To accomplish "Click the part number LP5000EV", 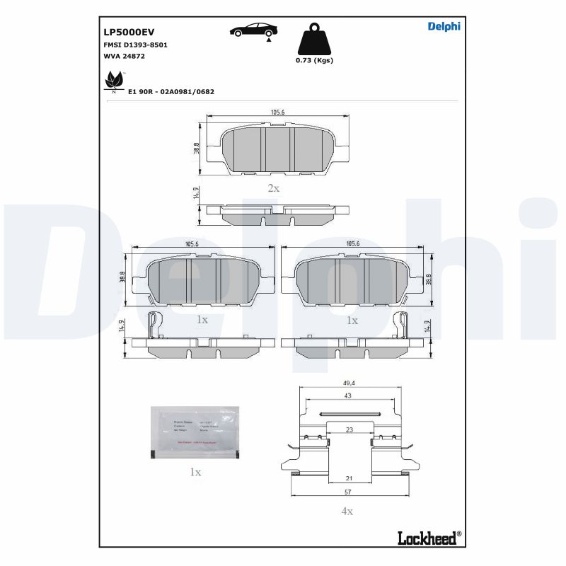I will pos(129,32).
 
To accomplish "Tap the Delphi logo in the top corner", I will pos(444,27).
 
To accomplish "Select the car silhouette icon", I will pos(253,30).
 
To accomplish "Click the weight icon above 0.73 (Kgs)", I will pos(314,40).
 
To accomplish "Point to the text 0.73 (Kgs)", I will pos(314,60).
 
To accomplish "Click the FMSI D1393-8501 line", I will pos(135,45).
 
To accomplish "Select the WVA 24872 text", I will pos(124,56).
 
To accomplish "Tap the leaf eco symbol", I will pos(113,81).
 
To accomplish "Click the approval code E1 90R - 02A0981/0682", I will pos(171,92).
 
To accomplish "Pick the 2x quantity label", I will pos(273,188).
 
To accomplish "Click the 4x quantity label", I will pos(347,511).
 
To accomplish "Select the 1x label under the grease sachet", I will pos(195,472).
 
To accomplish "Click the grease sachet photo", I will pos(196,432).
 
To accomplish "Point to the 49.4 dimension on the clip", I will pos(347,383).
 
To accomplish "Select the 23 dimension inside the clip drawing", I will pos(349,429).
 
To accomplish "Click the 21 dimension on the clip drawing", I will pos(348,479).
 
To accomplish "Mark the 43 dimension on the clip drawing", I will pos(347,395).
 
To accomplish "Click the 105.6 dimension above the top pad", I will pos(277,112).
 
